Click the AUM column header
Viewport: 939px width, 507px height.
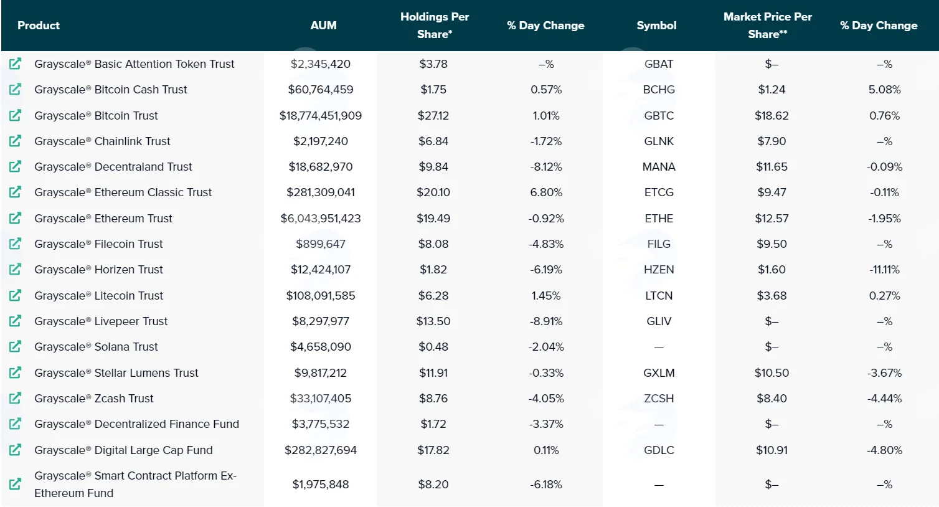pos(323,26)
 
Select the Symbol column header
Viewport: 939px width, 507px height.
pos(656,26)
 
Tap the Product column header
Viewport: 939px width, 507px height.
pos(39,26)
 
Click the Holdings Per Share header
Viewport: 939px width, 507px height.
pos(434,26)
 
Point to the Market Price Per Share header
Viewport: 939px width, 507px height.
pos(768,26)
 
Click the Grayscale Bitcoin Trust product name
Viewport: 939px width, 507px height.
pos(96,115)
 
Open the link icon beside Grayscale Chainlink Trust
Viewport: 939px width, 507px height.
pos(15,141)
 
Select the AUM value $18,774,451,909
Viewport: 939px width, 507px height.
pos(321,115)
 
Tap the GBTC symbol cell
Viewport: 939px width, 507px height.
pos(659,115)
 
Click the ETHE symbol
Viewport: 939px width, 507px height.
pos(659,219)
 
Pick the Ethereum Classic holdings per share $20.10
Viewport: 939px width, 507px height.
pos(433,192)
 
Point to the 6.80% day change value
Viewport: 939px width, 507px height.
pos(546,192)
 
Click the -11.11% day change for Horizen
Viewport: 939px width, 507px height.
pos(884,270)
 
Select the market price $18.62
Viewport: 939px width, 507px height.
pos(771,115)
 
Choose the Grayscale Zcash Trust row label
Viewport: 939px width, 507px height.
pos(94,399)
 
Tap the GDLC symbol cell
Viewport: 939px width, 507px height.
pos(659,450)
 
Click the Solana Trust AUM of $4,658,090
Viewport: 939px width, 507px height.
pos(321,347)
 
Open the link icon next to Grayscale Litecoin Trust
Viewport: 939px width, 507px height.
pos(15,295)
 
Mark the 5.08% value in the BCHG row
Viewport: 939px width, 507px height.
pos(884,89)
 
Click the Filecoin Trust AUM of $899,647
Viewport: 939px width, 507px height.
pos(321,244)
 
